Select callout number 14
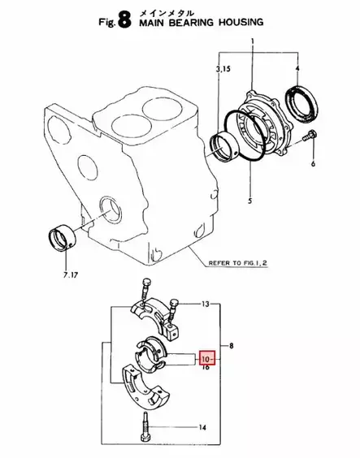203,426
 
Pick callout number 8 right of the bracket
235,345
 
